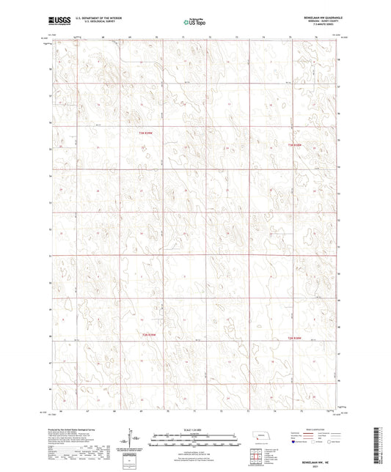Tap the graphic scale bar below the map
click(x=194, y=437)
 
